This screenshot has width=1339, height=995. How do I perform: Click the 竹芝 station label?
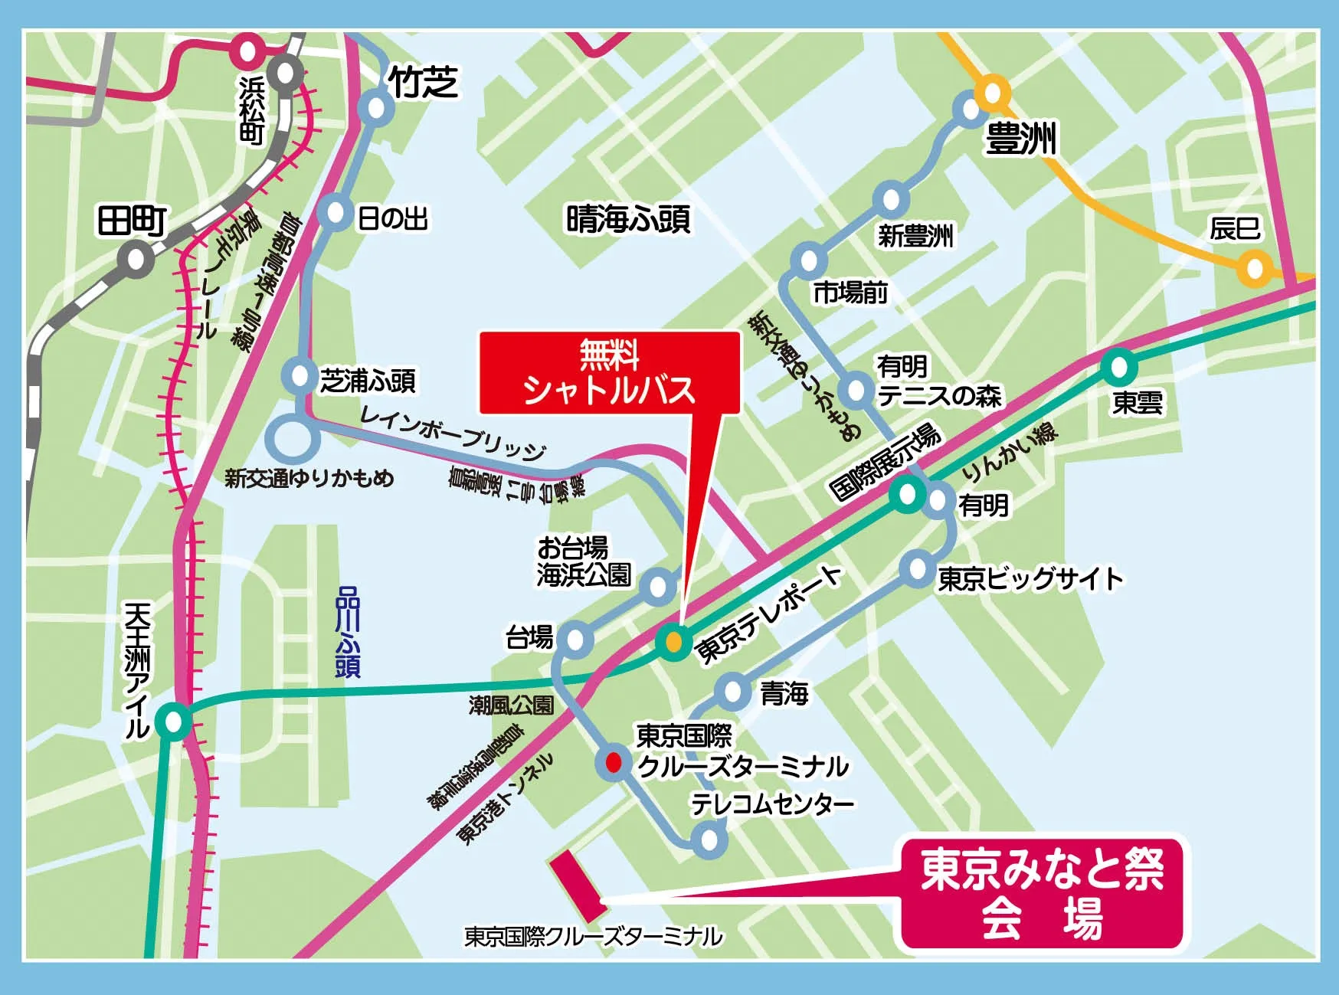[424, 80]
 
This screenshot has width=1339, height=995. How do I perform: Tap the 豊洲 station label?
[1021, 140]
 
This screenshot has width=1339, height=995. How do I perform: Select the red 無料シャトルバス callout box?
[609, 373]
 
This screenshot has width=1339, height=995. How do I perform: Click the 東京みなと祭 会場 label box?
[1042, 892]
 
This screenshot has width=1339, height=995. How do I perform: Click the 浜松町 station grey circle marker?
[286, 73]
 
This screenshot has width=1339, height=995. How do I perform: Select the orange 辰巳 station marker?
[1254, 269]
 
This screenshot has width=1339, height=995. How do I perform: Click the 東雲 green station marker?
[1118, 367]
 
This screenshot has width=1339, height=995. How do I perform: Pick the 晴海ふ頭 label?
[628, 219]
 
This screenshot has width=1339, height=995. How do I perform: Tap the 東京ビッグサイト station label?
[1030, 578]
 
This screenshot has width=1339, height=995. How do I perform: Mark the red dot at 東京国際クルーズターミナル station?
[614, 763]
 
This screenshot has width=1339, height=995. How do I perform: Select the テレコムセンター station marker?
[709, 840]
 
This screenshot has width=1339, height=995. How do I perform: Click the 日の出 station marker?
[337, 213]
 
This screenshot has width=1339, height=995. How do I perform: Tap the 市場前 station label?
[850, 292]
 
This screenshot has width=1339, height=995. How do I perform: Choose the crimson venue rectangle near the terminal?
[578, 886]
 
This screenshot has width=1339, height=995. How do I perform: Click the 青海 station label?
[784, 694]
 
